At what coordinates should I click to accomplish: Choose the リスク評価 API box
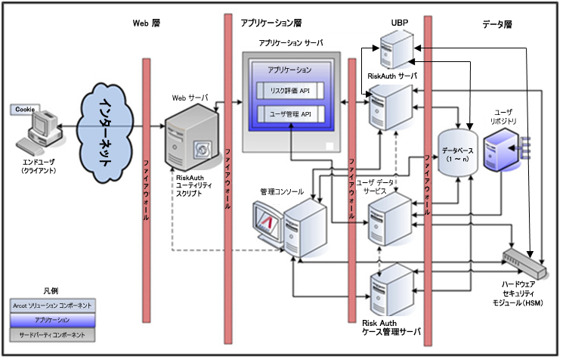289,91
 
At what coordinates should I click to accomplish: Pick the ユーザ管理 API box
289,113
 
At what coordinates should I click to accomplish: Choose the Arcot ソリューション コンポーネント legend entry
53,305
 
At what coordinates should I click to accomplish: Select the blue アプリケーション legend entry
53,320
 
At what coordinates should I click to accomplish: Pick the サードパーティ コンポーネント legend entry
53,334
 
